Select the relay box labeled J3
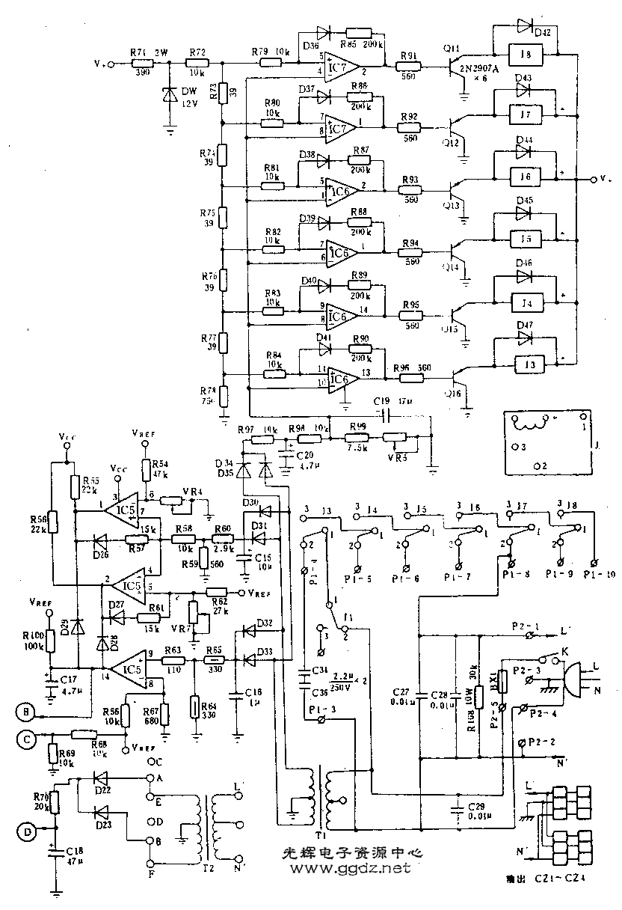coord(530,364)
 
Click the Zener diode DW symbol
coord(170,95)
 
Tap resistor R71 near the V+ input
coord(138,64)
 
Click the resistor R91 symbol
coord(409,67)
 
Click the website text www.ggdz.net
coord(345,869)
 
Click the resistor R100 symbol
coord(51,641)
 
